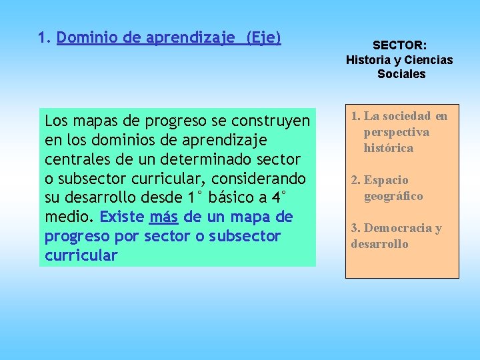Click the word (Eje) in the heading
click(263, 38)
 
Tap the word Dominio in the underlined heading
click(83, 38)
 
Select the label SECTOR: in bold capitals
click(399, 45)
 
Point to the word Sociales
click(401, 74)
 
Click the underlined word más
click(163, 217)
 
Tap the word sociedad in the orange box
click(409, 116)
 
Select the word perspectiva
click(396, 132)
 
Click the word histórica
click(388, 148)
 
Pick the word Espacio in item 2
click(386, 180)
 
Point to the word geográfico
click(393, 196)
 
